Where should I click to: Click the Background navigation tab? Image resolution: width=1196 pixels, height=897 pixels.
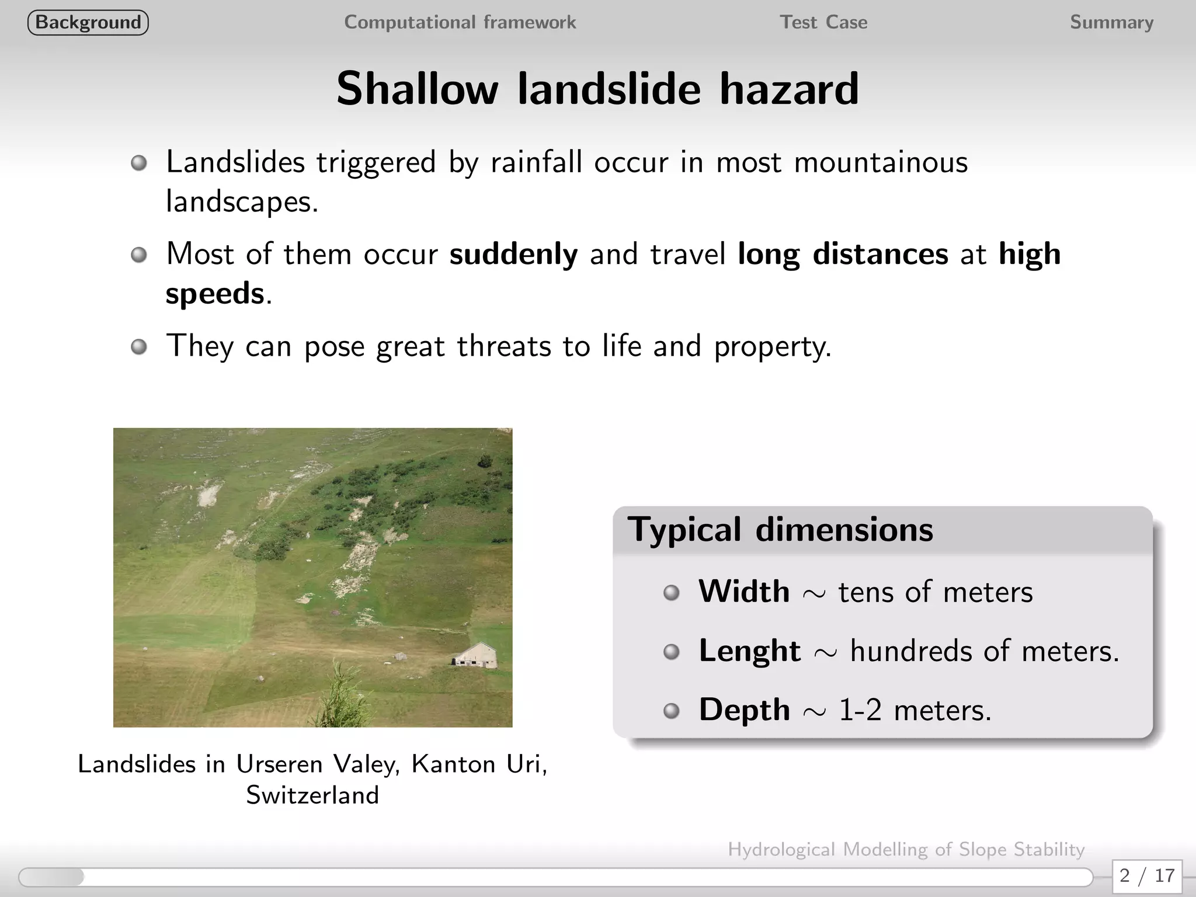88,23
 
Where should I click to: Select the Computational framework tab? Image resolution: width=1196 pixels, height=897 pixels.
460,23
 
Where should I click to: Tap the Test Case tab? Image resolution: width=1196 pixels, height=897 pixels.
823,23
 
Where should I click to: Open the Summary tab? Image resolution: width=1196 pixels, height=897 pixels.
1111,23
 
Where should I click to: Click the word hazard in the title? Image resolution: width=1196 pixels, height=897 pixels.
789,89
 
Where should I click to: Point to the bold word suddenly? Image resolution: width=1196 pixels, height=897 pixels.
513,254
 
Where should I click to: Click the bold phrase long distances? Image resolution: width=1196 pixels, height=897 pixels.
843,254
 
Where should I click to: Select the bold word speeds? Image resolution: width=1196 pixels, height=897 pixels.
215,293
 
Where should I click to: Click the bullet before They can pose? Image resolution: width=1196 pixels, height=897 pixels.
139,347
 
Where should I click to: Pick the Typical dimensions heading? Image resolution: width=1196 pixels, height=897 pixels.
780,530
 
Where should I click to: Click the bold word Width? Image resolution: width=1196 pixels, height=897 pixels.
744,592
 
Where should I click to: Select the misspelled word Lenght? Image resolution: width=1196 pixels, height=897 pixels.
749,651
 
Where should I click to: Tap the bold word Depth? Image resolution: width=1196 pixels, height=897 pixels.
744,710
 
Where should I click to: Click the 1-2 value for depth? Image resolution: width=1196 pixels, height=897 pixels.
860,710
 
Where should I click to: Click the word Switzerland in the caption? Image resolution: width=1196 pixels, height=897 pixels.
312,795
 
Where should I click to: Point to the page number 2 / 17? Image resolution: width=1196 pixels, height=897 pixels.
1147,875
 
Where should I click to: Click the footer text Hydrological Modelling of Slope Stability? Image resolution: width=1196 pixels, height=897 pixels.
906,849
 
